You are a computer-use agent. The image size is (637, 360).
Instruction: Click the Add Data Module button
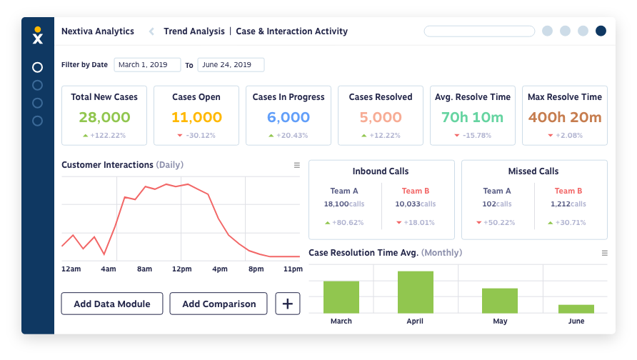(112, 304)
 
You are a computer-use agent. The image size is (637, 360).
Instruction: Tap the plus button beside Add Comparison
(288, 304)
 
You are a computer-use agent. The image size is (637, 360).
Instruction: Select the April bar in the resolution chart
(415, 292)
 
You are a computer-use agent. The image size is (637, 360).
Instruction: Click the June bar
(576, 309)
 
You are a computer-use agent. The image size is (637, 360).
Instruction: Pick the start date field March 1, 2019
(147, 64)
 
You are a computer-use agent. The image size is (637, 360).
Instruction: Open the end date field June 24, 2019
(231, 64)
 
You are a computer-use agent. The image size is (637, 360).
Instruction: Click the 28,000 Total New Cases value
(104, 117)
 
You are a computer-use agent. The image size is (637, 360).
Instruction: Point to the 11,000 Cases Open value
(196, 117)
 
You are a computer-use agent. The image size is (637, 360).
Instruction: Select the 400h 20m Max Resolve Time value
(565, 117)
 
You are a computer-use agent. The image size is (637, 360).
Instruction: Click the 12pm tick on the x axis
(181, 269)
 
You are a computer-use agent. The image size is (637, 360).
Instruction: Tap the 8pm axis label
(256, 269)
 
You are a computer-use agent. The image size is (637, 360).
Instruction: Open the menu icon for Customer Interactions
(297, 165)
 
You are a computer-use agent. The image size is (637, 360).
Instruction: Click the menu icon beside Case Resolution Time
(604, 253)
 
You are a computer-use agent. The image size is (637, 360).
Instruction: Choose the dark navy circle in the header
(601, 31)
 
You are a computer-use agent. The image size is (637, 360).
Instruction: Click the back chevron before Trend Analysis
(151, 31)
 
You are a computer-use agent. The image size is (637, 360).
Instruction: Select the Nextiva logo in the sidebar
(38, 35)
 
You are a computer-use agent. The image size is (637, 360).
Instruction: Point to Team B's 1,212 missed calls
(568, 204)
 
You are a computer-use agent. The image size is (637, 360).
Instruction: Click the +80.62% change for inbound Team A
(344, 223)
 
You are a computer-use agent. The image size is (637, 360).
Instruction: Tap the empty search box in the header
(479, 31)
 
